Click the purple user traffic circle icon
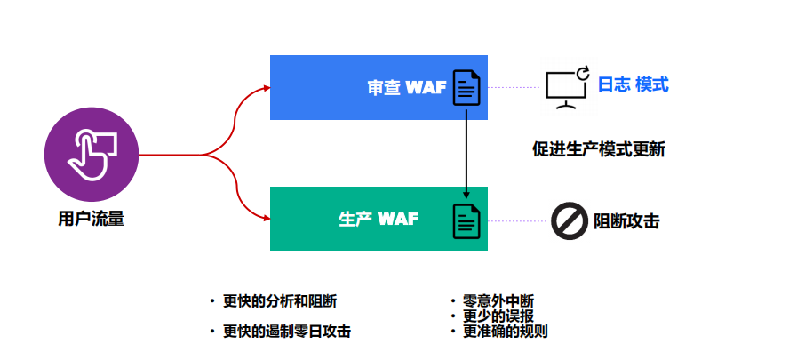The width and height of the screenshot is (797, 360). pos(92,154)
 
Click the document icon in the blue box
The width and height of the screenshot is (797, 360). pos(466,87)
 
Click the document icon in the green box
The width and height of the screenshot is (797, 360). pos(466,220)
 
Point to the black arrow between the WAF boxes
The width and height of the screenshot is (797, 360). pos(466,151)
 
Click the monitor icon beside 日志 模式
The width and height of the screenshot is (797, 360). pos(567,87)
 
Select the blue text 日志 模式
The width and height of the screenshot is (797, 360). pos(633,85)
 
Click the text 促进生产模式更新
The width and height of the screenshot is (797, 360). pos(599,148)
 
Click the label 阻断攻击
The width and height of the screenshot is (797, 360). pos(626,221)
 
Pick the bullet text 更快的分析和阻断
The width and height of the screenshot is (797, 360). pos(280,300)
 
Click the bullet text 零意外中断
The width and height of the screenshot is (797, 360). pos(498,300)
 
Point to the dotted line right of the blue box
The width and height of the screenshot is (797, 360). pos(515,87)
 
